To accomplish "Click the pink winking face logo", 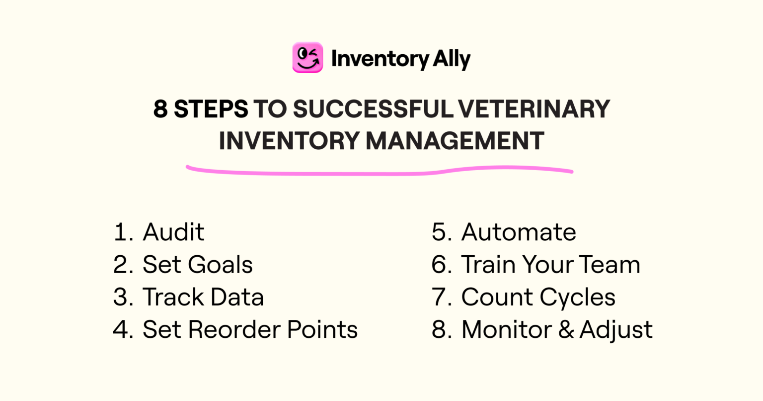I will tap(307, 58).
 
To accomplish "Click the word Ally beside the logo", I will tap(451, 60).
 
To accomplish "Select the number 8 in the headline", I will tap(160, 109).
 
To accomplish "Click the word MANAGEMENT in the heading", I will tap(455, 140).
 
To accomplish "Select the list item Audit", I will tap(173, 232).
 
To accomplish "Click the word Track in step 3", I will tap(171, 297).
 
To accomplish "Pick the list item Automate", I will tap(519, 232).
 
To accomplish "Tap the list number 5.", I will tap(441, 232).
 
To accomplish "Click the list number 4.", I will tap(122, 329).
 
